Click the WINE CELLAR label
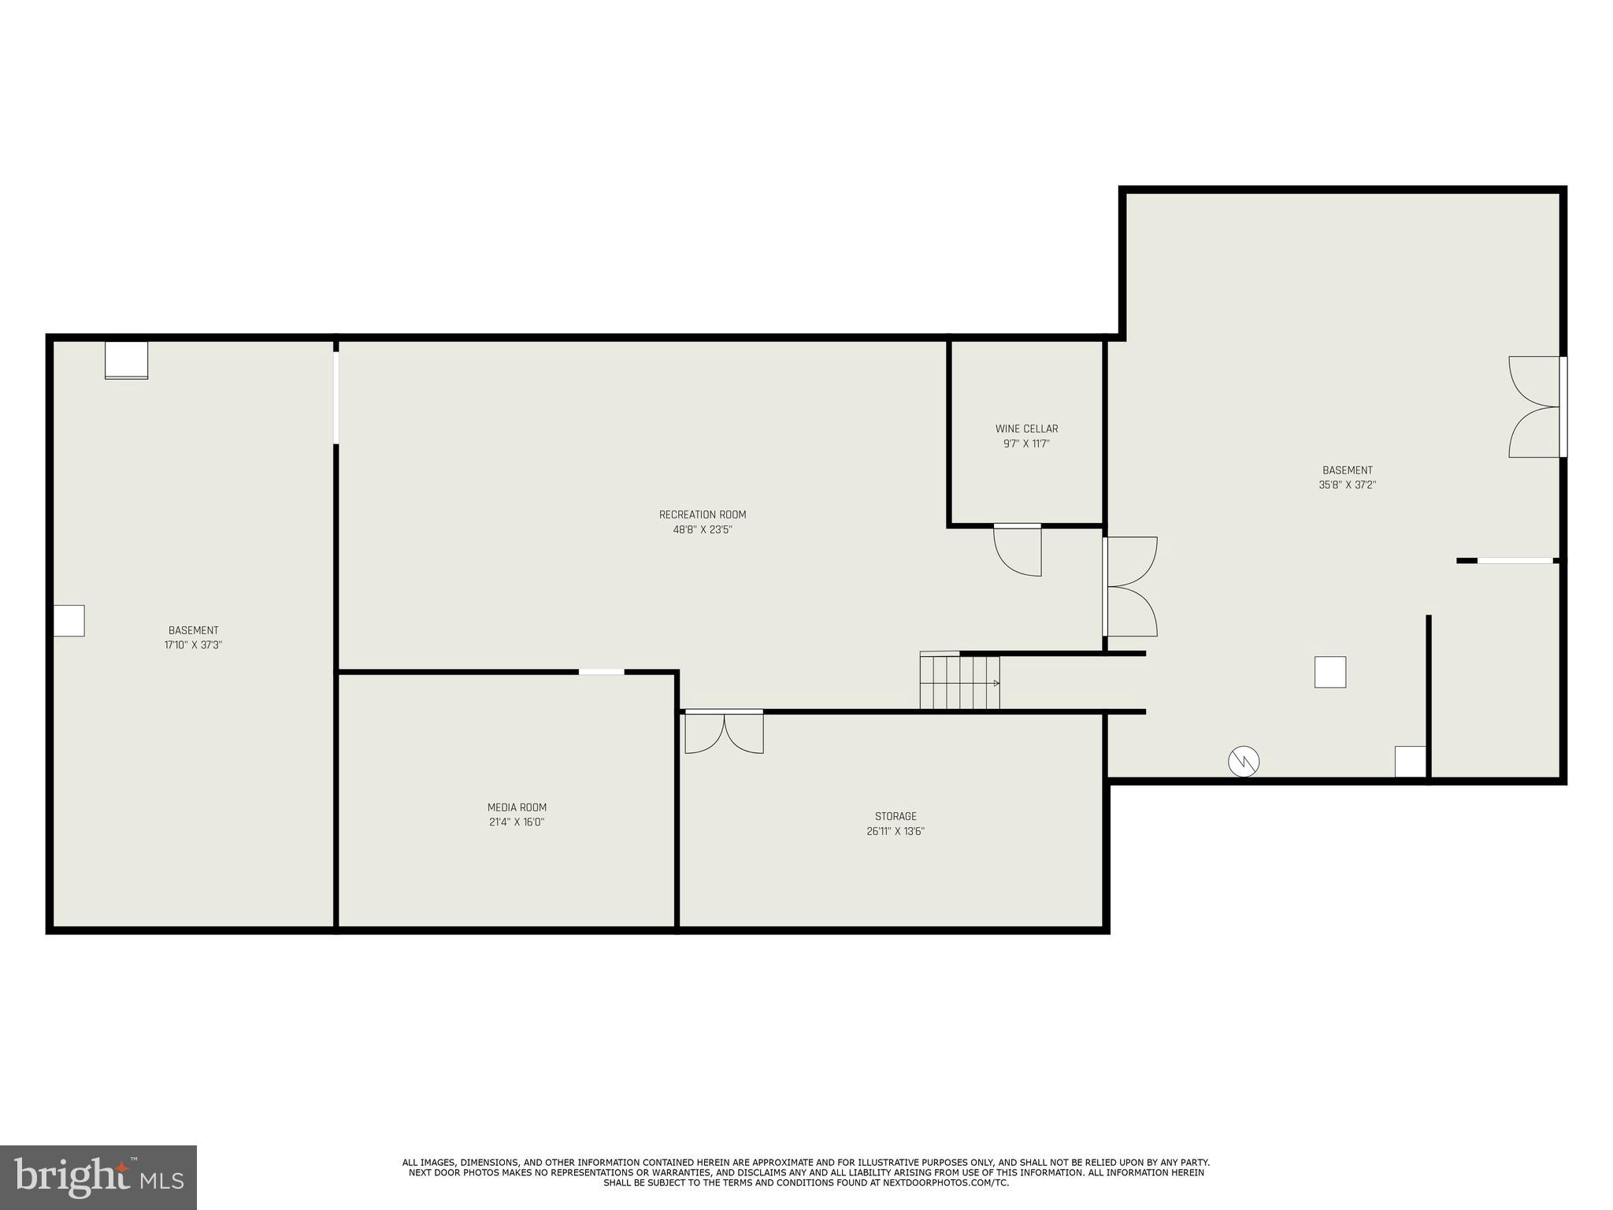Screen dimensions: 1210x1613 click(1026, 429)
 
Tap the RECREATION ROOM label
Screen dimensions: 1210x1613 click(702, 514)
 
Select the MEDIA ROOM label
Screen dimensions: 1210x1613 click(517, 807)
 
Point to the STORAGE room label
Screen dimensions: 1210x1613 click(895, 816)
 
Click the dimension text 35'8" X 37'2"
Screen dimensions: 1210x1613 click(1347, 485)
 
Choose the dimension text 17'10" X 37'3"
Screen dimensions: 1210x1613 click(193, 644)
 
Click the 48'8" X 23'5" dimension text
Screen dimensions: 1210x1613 click(702, 529)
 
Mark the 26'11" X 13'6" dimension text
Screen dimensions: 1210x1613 click(895, 831)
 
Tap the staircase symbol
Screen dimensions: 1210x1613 click(959, 681)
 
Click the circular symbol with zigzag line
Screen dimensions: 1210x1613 click(1244, 761)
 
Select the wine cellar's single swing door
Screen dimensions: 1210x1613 click(1018, 549)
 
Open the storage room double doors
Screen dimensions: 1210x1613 click(724, 732)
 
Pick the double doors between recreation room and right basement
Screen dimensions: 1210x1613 click(1130, 586)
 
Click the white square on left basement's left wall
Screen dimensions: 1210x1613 click(69, 620)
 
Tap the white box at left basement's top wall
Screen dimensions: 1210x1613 click(127, 360)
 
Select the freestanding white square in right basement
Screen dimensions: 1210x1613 click(1329, 672)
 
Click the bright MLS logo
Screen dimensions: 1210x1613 click(98, 1177)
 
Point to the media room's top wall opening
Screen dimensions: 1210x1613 click(601, 672)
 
